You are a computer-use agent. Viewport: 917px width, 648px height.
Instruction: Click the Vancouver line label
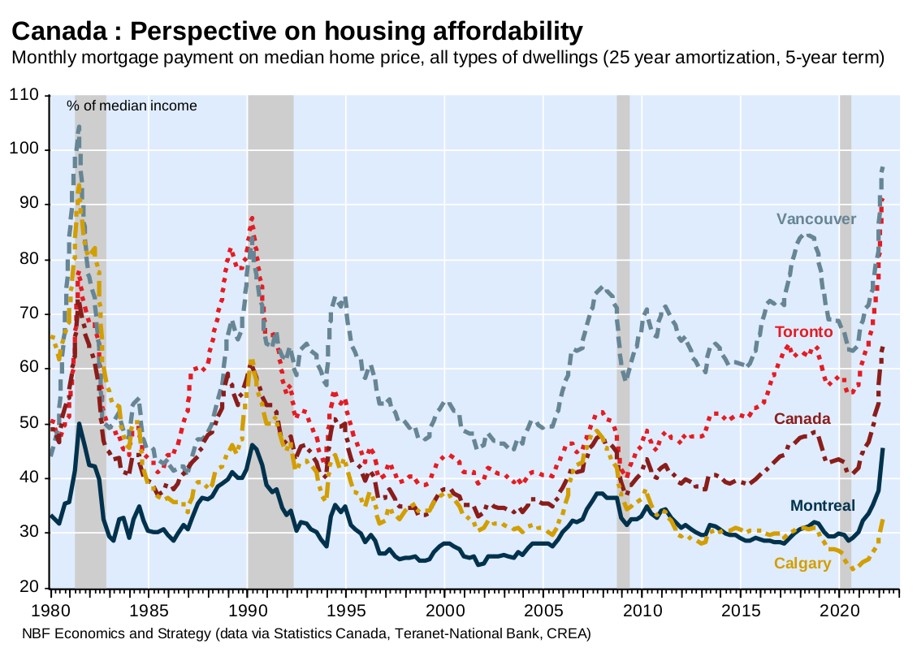point(815,219)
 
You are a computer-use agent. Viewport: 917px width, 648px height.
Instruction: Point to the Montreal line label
point(823,506)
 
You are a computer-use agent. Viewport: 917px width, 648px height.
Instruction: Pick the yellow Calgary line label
point(802,564)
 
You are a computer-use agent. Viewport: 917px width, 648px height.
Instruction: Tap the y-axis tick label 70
point(29,314)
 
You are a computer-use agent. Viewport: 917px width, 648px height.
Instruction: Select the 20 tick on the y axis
point(29,587)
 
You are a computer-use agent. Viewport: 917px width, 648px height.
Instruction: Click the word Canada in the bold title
point(58,32)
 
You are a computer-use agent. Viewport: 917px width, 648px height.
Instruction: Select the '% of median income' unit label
point(132,106)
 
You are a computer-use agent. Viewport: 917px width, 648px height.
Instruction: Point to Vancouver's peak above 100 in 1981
point(79,127)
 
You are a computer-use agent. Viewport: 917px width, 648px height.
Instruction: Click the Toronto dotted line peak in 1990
point(253,218)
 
